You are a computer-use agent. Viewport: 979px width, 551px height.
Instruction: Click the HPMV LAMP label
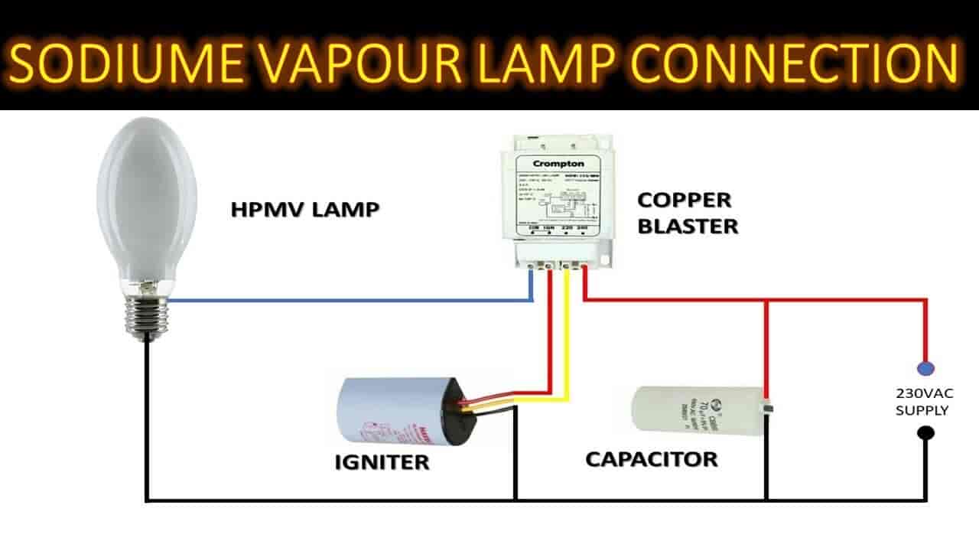tap(305, 210)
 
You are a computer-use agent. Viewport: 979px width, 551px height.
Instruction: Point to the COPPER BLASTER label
tap(688, 214)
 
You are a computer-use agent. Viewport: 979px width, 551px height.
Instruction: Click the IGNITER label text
tap(382, 462)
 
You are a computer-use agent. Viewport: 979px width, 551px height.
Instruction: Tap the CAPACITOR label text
tap(652, 459)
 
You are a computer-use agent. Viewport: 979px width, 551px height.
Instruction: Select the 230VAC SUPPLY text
tap(922, 402)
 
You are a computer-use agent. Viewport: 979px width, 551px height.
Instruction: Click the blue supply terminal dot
tap(925, 368)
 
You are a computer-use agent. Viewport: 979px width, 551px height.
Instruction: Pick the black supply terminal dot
tap(925, 433)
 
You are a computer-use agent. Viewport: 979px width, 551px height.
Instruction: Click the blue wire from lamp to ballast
tap(344, 301)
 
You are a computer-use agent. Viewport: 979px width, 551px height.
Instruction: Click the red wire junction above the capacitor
tap(766, 301)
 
